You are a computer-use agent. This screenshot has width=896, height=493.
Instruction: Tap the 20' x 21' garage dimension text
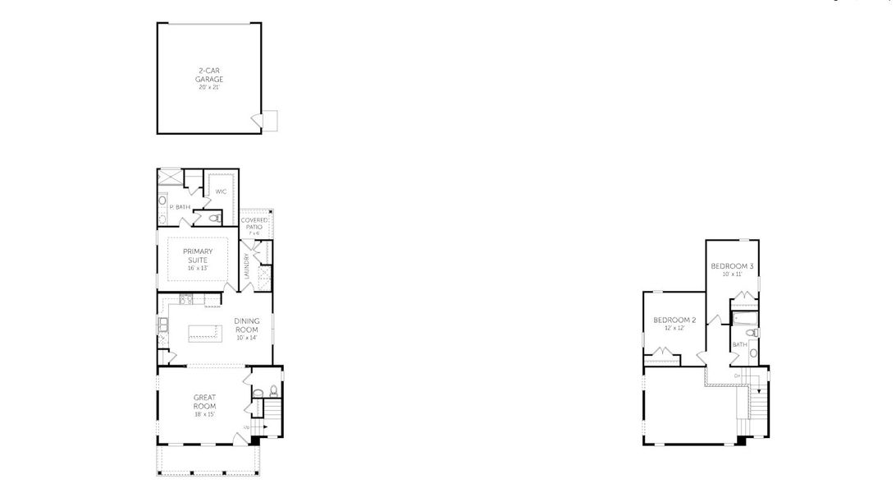coord(209,87)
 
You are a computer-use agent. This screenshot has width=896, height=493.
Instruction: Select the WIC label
coord(221,191)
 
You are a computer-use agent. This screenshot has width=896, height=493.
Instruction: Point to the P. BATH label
coord(181,207)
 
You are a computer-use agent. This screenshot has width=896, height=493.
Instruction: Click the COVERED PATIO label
coord(254,223)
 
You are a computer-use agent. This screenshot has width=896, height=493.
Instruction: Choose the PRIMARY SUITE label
coord(198,255)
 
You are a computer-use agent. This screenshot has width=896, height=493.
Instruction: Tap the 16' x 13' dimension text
coord(198,268)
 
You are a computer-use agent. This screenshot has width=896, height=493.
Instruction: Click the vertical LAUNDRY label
coord(247,267)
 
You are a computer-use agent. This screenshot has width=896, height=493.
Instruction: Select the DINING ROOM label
coord(247,325)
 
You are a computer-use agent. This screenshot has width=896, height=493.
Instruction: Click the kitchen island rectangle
coord(205,333)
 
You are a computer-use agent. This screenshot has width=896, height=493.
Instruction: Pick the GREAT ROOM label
coord(204,402)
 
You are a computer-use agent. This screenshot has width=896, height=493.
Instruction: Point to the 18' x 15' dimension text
coord(204,415)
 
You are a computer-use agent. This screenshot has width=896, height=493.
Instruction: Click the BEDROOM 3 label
coord(732,266)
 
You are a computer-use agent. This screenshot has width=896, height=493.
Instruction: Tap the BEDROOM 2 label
coord(674,320)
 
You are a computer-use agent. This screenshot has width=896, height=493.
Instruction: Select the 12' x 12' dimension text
coord(674,328)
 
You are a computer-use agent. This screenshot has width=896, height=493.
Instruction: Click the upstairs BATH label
coord(739,345)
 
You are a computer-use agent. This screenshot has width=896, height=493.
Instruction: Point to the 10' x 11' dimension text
coord(732,274)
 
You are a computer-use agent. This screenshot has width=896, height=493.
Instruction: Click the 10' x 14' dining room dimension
coord(247,338)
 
